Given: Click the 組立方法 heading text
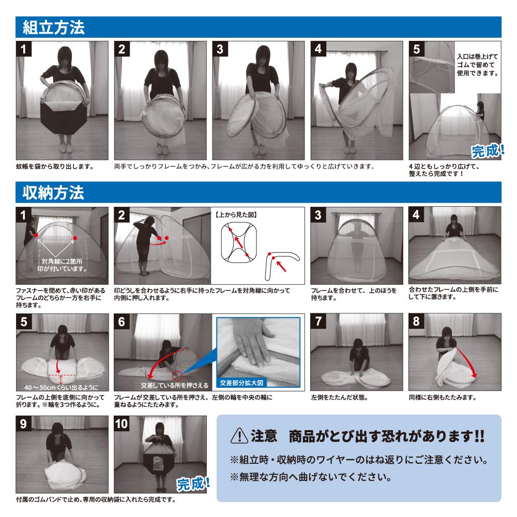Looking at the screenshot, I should coord(53,27).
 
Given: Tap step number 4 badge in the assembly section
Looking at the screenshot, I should coord(318,49).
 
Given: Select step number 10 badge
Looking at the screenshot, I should coord(122,424).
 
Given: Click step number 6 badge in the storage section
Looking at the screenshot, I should coord(122,322).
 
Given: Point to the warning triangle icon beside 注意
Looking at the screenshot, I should coord(239,436).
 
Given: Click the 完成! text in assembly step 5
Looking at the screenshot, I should coord(486,150).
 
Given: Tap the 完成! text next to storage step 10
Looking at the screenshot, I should coord(193,483).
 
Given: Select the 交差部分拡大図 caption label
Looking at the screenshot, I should coord(242,383).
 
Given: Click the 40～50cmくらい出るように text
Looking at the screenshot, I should coord(61,387).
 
